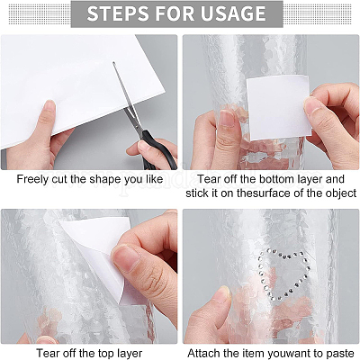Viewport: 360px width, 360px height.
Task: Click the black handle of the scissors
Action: [x=158, y=149]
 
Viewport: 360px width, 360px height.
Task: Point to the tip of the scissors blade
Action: [x=113, y=62]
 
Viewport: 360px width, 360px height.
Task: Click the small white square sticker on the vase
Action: [x=278, y=108]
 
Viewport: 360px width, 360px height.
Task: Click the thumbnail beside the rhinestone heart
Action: [x=222, y=295]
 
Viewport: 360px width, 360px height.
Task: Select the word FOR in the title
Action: [x=175, y=13]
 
